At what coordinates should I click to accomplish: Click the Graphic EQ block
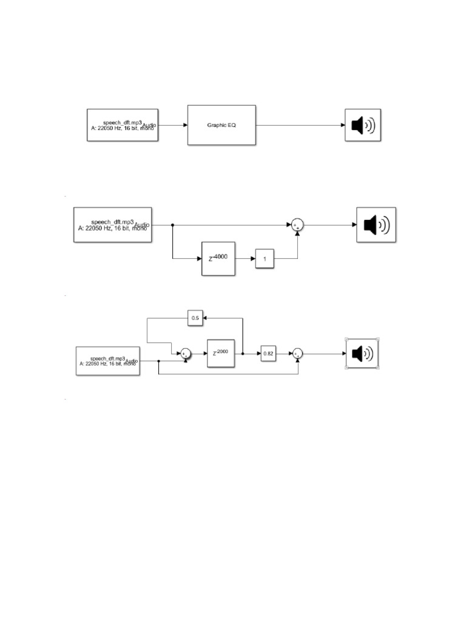(221, 125)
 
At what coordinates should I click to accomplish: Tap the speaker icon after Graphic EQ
(363, 125)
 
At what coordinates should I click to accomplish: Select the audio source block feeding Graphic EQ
(123, 125)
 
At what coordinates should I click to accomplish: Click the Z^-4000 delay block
(218, 259)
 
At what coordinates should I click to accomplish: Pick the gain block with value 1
(265, 259)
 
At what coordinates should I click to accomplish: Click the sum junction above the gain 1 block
(297, 225)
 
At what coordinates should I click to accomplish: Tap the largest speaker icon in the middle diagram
(376, 225)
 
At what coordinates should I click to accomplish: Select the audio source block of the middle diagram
(112, 225)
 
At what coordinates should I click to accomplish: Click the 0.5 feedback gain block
(195, 318)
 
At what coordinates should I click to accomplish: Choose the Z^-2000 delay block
(221, 353)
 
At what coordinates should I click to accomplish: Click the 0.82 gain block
(268, 353)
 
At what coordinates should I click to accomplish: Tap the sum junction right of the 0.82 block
(297, 353)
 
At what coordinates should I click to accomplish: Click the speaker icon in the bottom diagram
(363, 353)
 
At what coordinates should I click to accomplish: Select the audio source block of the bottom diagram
(108, 361)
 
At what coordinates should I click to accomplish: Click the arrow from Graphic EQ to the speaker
(300, 125)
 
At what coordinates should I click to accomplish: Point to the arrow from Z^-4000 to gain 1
(245, 259)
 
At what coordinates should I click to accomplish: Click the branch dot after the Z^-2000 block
(243, 353)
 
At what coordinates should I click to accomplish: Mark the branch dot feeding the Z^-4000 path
(173, 225)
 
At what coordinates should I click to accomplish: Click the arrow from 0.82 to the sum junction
(284, 353)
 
